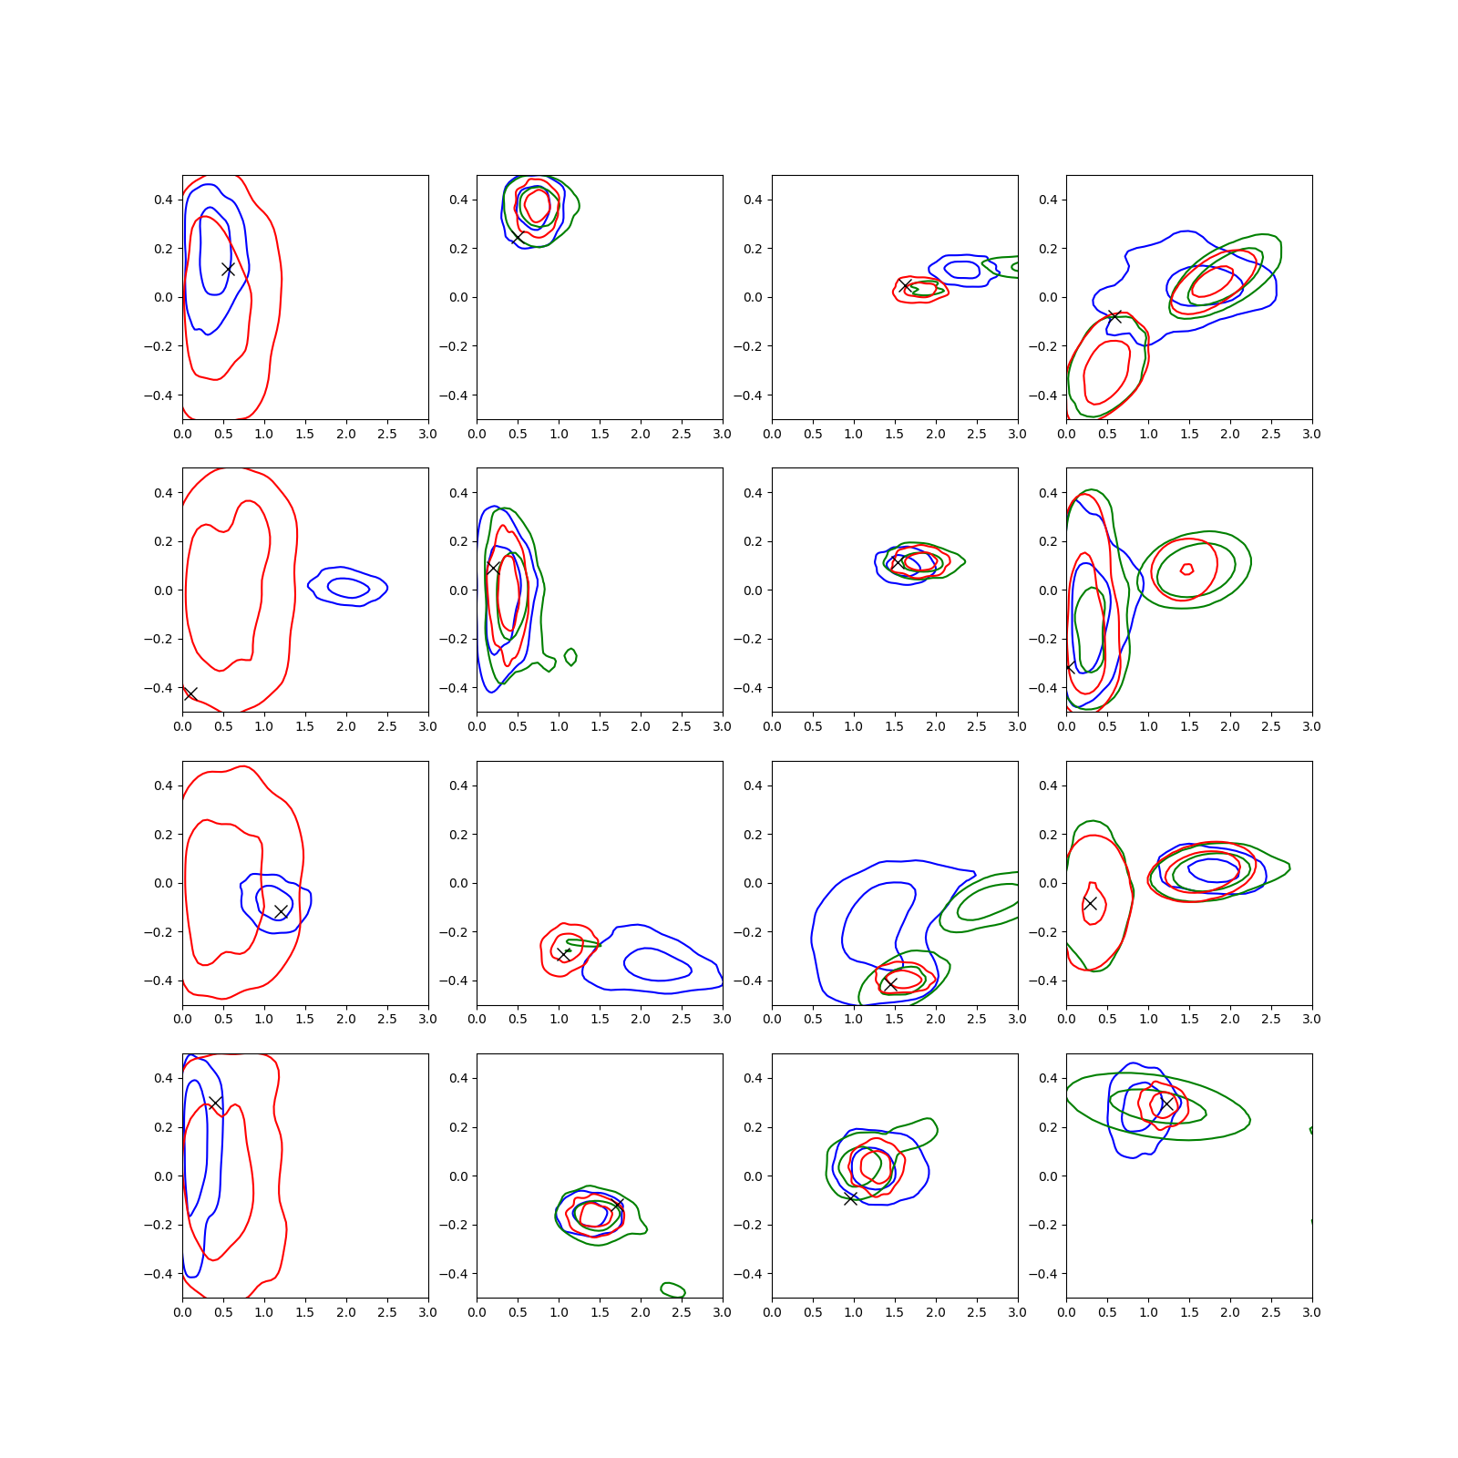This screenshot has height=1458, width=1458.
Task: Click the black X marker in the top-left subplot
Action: (x=228, y=269)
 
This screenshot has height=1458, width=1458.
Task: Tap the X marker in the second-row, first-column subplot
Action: (x=190, y=693)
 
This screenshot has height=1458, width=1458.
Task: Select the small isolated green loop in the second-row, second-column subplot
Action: (x=570, y=656)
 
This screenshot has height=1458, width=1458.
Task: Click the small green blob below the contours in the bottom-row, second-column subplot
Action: (x=673, y=1289)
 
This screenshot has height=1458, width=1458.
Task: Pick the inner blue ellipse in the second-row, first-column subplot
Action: (x=348, y=588)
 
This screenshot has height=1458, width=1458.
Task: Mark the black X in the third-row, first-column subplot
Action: (x=281, y=911)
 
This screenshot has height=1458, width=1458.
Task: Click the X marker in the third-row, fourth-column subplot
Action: (x=1090, y=903)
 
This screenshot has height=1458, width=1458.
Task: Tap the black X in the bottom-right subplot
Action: (x=1166, y=1104)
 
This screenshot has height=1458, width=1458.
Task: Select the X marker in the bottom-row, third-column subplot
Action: (x=850, y=1198)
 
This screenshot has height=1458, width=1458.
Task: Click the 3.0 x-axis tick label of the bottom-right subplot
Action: (x=1311, y=1312)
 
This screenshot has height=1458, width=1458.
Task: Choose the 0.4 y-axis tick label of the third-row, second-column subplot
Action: (x=458, y=785)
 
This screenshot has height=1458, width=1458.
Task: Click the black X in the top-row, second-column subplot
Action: (x=517, y=237)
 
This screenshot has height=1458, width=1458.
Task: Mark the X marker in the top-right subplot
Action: (x=1114, y=316)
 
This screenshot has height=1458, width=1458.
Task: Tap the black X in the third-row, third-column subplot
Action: (x=890, y=984)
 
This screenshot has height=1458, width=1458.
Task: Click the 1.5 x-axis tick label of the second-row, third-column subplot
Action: (x=894, y=726)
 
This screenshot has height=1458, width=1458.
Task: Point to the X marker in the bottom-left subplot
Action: (x=215, y=1104)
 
